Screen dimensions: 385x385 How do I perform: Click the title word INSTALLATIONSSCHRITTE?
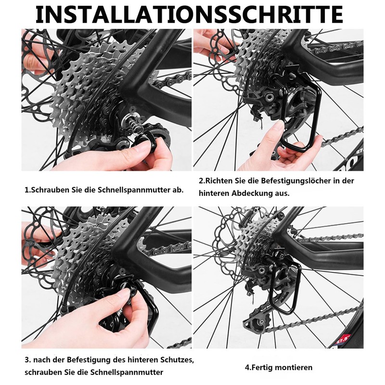coord(189,14)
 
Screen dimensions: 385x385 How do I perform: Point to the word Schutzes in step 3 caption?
coord(177,360)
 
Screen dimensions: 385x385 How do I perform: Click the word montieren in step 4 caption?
coord(295,368)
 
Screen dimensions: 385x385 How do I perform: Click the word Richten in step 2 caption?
coord(218,181)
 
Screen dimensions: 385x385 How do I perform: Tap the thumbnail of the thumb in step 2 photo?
coord(279,126)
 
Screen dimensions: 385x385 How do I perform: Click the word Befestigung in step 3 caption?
coord(89,360)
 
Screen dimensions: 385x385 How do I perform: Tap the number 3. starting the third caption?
coord(28,360)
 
